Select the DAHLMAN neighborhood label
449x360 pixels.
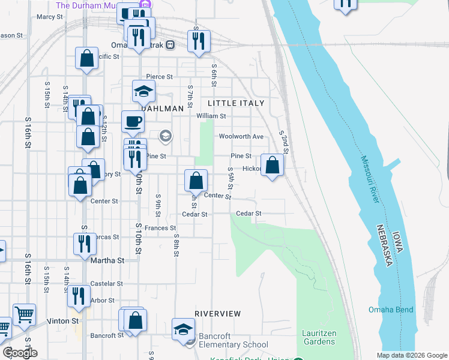161,109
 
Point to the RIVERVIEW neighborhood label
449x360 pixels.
218,314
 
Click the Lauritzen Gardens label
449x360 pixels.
319,337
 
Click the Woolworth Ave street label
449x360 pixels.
241,136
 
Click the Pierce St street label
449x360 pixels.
160,77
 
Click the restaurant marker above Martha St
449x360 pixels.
84,244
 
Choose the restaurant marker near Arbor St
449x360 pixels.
79,296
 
